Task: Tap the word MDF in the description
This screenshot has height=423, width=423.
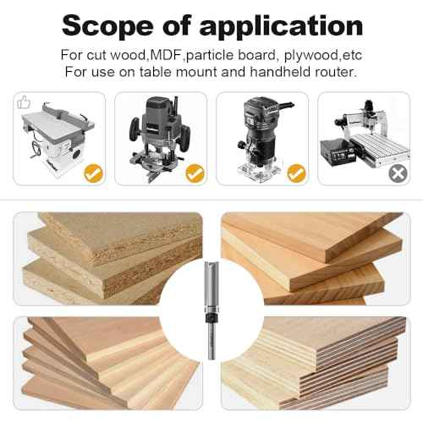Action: point(167,55)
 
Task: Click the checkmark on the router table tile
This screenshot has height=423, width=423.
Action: point(93,174)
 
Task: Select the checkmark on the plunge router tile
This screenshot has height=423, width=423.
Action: point(195,174)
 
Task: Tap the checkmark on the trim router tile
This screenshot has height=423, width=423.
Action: point(295,174)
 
